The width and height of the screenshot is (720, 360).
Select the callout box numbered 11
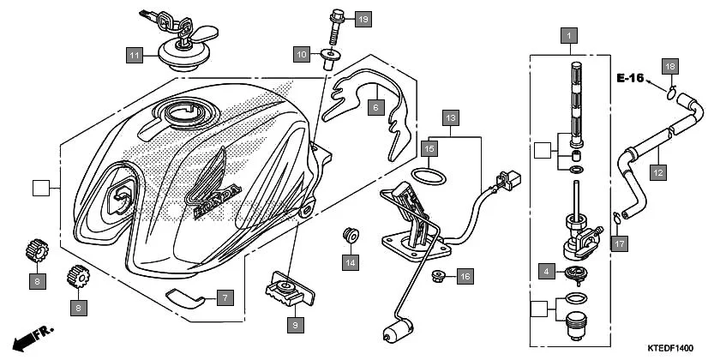134,56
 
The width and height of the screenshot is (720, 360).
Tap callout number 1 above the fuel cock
567,36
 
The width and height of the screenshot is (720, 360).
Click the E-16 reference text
630,78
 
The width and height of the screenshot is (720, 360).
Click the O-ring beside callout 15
429,176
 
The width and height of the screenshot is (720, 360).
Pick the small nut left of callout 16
437,275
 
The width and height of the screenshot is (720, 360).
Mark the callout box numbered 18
669,66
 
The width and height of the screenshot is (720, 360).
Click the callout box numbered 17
621,243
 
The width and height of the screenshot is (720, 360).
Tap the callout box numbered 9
295,325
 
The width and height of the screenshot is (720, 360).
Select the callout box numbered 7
224,298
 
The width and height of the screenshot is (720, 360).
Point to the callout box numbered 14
351,261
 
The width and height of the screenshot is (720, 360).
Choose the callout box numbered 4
545,272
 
